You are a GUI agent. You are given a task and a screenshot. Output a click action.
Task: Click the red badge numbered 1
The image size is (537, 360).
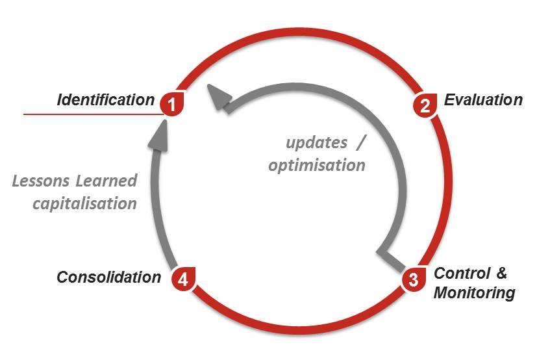point(172,103)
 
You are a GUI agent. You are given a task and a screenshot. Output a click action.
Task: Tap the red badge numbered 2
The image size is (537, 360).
point(425,105)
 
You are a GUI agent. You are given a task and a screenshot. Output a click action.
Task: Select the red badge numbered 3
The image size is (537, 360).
point(414,279)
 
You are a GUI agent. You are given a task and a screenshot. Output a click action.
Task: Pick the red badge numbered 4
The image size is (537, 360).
point(183,279)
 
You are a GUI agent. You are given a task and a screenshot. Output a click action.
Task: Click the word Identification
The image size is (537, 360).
point(106,100)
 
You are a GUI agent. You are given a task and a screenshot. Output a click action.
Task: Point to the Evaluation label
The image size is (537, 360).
point(483,100)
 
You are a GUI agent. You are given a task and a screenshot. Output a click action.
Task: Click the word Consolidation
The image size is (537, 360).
point(109,277)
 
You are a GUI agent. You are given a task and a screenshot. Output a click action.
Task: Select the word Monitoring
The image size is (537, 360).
point(474,293)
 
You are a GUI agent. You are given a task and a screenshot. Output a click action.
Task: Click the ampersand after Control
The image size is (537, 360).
point(501,274)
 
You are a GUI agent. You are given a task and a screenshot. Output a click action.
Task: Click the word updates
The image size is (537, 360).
point(316,142)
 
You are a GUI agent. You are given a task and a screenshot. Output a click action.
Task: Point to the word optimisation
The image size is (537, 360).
point(317,165)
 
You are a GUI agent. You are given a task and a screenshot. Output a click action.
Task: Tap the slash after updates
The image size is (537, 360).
point(361,142)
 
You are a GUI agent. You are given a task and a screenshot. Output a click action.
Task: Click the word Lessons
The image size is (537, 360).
point(41,181)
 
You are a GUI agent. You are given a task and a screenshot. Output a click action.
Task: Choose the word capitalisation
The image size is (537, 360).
point(85,203)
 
